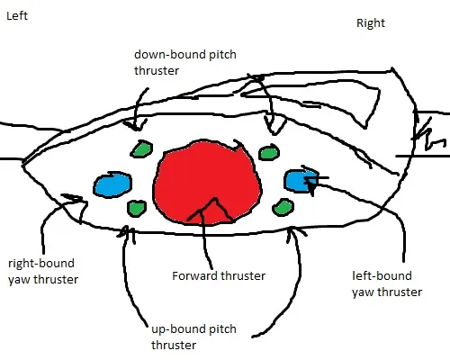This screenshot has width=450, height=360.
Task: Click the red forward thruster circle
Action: [x=207, y=183]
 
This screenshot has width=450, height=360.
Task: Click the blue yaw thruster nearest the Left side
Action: [x=112, y=184]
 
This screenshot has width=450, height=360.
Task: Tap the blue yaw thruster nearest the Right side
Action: [x=300, y=181]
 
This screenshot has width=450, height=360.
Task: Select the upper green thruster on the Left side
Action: [x=141, y=149]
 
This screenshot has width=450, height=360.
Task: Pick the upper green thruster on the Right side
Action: [x=269, y=153]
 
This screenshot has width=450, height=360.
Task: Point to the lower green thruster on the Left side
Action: [x=137, y=208]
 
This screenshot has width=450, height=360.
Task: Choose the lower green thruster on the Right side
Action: [x=283, y=207]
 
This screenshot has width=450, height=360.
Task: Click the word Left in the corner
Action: [x=17, y=15]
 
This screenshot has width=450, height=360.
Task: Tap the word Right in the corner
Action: [x=371, y=23]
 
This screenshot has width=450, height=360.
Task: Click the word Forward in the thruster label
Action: [x=194, y=275]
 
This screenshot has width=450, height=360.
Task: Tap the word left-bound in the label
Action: [x=382, y=275]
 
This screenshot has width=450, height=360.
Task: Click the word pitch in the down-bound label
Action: [x=222, y=55]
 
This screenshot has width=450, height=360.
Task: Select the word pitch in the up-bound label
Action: [x=222, y=329]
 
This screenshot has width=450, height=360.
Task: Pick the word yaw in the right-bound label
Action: [x=19, y=280]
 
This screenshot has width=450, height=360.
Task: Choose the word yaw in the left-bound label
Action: [x=363, y=292]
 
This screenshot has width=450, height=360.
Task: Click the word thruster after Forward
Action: [x=242, y=276]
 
